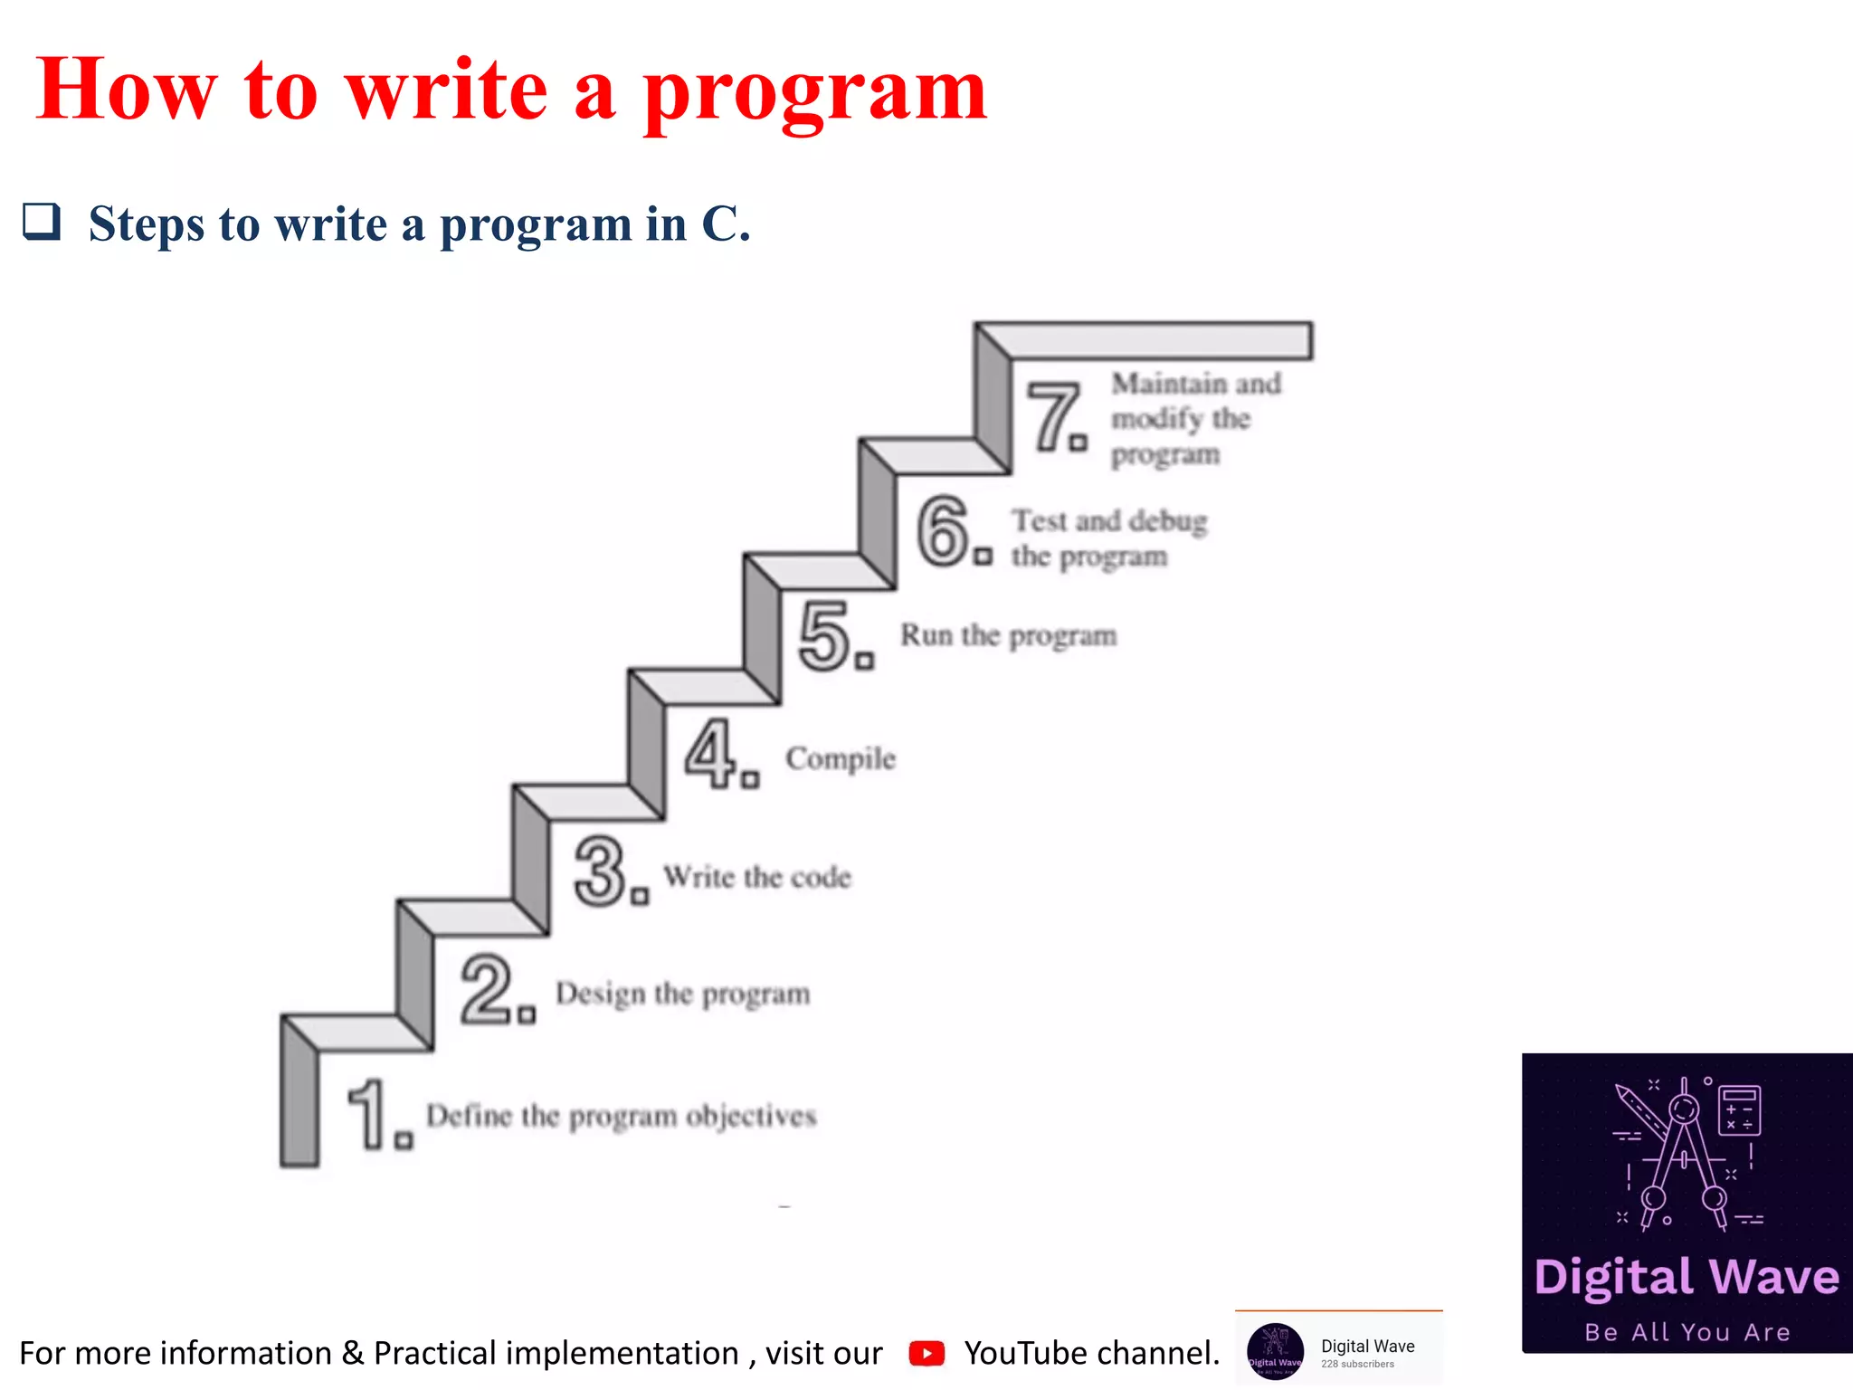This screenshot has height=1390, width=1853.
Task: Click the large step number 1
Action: click(369, 1115)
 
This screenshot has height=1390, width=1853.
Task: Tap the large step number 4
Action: click(711, 753)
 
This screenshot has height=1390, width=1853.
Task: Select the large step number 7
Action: click(1054, 416)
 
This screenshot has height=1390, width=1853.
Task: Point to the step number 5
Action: click(825, 637)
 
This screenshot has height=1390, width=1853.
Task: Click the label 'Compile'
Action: click(841, 758)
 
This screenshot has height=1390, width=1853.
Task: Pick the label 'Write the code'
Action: click(757, 877)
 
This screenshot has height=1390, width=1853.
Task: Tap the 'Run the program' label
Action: click(1008, 636)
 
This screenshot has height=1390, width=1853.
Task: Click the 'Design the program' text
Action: click(682, 994)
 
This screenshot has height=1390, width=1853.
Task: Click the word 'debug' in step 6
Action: click(1168, 521)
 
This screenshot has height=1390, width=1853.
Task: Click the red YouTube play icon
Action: click(926, 1353)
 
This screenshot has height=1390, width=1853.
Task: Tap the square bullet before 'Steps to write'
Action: click(42, 222)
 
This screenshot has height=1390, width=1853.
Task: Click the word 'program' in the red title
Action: click(814, 92)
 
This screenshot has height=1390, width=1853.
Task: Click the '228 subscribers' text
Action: click(1357, 1364)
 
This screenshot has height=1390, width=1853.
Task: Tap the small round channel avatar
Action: click(1275, 1352)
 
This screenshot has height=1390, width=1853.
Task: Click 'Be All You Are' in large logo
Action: click(1687, 1332)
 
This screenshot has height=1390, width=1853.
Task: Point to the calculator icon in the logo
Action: click(1738, 1109)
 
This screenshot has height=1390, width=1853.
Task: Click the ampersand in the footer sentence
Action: click(353, 1353)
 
